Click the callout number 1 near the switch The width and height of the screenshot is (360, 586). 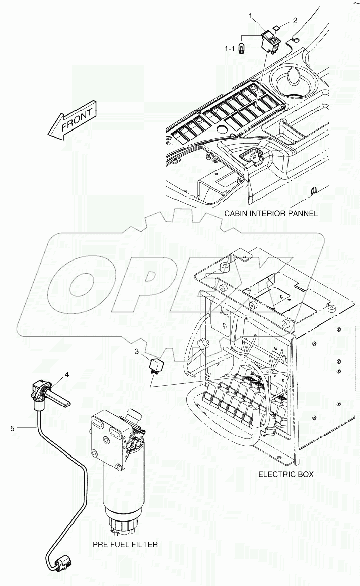(x=251, y=16)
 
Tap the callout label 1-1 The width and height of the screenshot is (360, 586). (x=229, y=48)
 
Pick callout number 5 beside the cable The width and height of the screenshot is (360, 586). (x=13, y=428)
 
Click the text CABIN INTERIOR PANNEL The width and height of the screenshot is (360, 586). (x=271, y=213)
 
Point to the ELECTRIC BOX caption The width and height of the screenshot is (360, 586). (x=285, y=474)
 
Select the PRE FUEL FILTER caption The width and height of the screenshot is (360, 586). (x=125, y=544)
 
